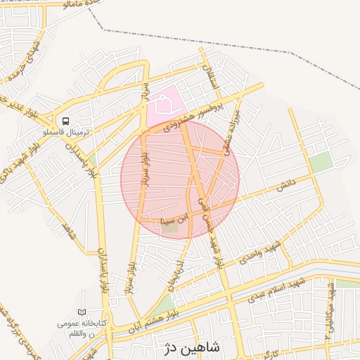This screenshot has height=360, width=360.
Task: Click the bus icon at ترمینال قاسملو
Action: (x=65, y=121)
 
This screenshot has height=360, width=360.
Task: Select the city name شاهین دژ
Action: (x=192, y=347)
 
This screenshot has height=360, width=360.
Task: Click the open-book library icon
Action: (x=82, y=312)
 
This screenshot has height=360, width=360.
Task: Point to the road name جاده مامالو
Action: (x=79, y=5)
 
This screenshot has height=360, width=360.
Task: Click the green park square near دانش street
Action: (x=321, y=162)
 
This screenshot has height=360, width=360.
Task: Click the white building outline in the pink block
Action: (x=165, y=105)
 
